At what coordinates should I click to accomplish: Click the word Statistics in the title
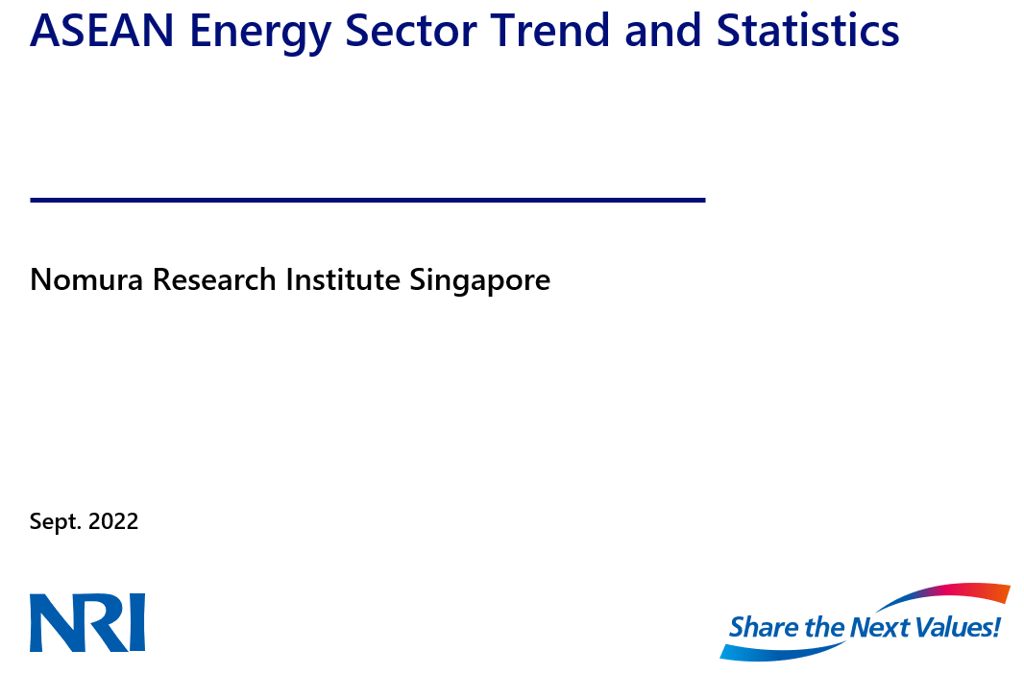808,31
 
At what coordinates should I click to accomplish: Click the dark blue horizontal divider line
368,200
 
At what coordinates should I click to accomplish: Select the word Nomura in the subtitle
87,280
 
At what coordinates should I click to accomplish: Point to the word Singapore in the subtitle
480,280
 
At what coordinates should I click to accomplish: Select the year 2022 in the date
113,522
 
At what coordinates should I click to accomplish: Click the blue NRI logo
87,622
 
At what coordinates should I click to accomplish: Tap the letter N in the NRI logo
53,622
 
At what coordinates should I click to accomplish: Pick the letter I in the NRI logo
136,622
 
